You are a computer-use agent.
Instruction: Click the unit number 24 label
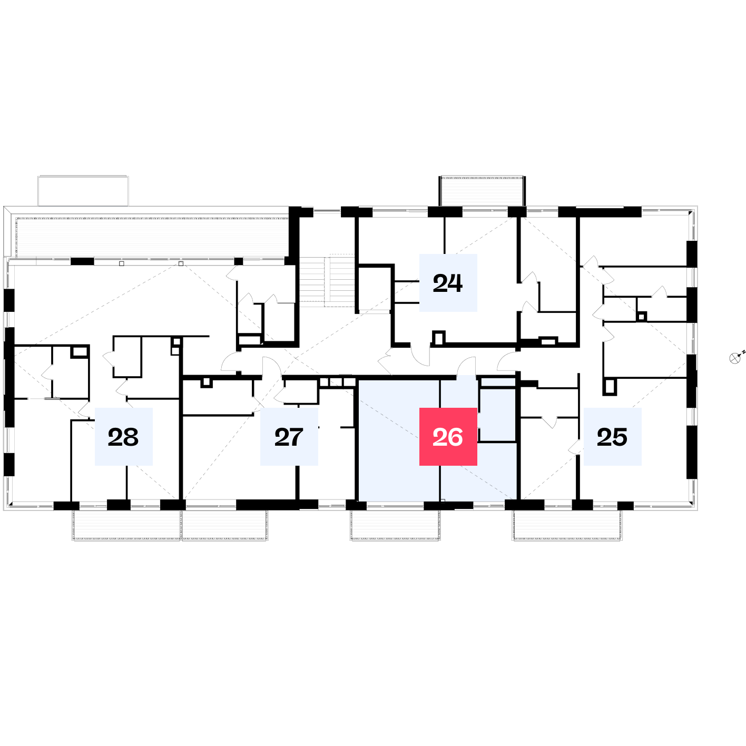[x=448, y=283]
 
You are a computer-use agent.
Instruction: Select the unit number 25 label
[x=612, y=437]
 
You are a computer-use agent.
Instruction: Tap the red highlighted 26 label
[x=448, y=437]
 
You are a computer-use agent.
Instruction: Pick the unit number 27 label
[x=289, y=437]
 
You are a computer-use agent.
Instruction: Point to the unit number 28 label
[x=123, y=437]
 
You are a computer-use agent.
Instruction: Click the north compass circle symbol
[x=734, y=358]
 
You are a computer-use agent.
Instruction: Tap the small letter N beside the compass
[x=744, y=352]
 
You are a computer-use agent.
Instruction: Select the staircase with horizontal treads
[x=327, y=281]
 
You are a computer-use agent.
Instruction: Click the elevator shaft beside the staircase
[x=375, y=288]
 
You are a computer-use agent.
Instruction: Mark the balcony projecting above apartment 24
[x=482, y=191]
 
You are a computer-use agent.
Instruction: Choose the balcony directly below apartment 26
[x=395, y=525]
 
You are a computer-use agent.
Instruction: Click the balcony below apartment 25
[x=567, y=525]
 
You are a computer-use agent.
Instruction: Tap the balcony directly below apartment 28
[x=126, y=525]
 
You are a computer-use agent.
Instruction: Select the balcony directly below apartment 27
[x=225, y=525]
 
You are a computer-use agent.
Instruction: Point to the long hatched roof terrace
[x=152, y=237]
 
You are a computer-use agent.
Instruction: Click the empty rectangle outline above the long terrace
[x=83, y=191]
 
